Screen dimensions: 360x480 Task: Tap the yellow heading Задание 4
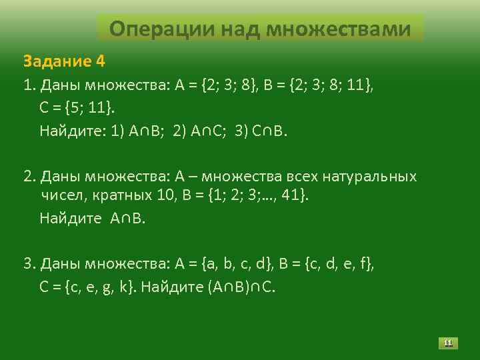click(x=64, y=61)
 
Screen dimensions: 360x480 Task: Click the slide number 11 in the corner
click(x=449, y=343)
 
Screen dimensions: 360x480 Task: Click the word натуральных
click(x=370, y=177)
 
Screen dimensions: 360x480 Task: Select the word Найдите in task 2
click(x=69, y=218)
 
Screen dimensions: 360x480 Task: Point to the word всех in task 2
click(x=303, y=177)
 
